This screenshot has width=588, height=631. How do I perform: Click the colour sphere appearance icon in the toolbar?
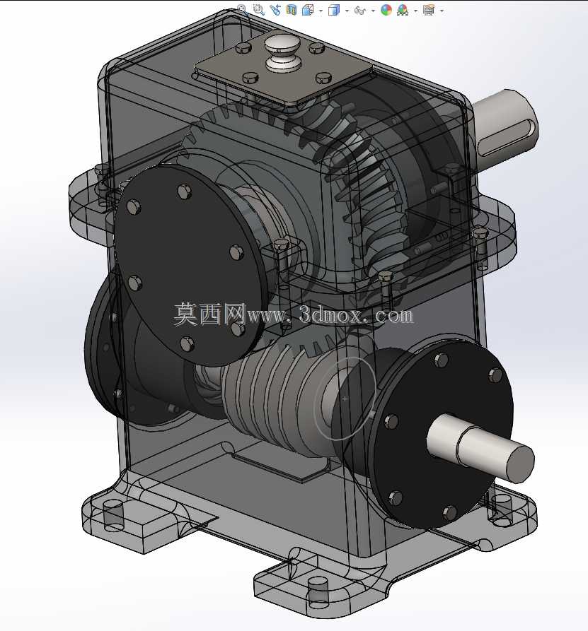[386, 10]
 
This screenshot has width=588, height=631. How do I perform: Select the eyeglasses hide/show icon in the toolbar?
[359, 11]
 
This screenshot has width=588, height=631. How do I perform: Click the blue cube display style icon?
[334, 10]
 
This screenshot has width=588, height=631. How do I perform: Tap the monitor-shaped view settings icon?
[428, 10]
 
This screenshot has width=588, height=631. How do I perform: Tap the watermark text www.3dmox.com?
[330, 315]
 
